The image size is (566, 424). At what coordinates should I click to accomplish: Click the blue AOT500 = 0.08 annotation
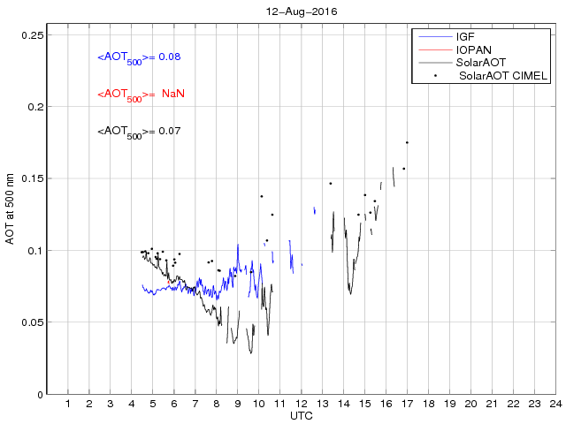(x=139, y=57)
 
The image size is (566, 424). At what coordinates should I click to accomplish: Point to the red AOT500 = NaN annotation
(x=141, y=95)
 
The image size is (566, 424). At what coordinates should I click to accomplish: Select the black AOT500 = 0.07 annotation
(x=139, y=132)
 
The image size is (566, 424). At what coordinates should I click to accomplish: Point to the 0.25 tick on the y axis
(x=34, y=35)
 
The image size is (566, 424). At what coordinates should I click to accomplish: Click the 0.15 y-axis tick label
(x=34, y=179)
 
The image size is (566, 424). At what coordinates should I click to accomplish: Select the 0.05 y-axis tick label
(x=34, y=322)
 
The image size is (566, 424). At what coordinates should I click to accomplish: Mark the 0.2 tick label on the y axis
(x=36, y=107)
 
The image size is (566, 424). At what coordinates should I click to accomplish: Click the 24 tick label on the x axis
(x=555, y=404)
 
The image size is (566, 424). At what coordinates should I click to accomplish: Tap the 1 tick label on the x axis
(x=68, y=404)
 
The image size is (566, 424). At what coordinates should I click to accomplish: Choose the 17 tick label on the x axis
(x=407, y=404)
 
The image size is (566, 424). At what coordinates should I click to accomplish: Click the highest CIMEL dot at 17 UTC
(x=407, y=142)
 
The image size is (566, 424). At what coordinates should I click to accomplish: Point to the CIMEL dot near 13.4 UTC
(x=330, y=184)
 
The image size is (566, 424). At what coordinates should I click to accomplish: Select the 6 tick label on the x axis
(x=174, y=404)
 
